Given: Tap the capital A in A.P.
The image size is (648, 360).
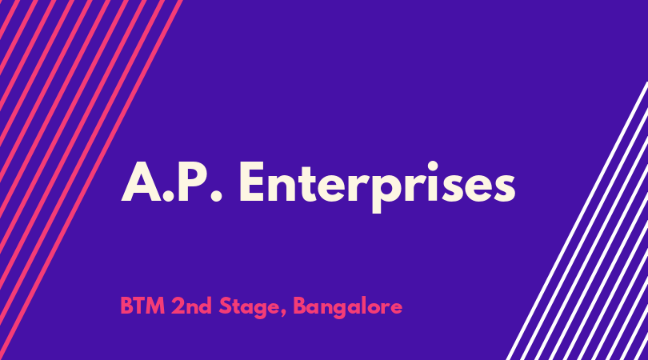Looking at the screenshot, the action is tap(142, 182).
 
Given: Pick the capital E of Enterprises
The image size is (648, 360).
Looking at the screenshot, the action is tap(252, 182).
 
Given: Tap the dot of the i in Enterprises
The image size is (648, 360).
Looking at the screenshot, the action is tap(433, 166).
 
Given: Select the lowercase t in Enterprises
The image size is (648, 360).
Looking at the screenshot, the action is tap(308, 184).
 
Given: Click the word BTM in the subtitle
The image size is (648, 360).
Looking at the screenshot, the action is tap(142, 306).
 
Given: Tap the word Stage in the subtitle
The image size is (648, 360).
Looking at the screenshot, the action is tap(249, 308).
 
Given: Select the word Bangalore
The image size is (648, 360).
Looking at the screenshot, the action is tap(347, 308).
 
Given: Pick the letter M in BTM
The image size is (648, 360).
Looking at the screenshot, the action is tap(155, 306).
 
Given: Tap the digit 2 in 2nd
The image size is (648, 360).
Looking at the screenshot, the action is tap(178, 306).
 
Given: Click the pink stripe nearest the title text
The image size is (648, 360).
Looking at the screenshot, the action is tap(91, 180).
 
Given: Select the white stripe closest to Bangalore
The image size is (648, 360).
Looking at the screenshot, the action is tap(577, 221).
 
